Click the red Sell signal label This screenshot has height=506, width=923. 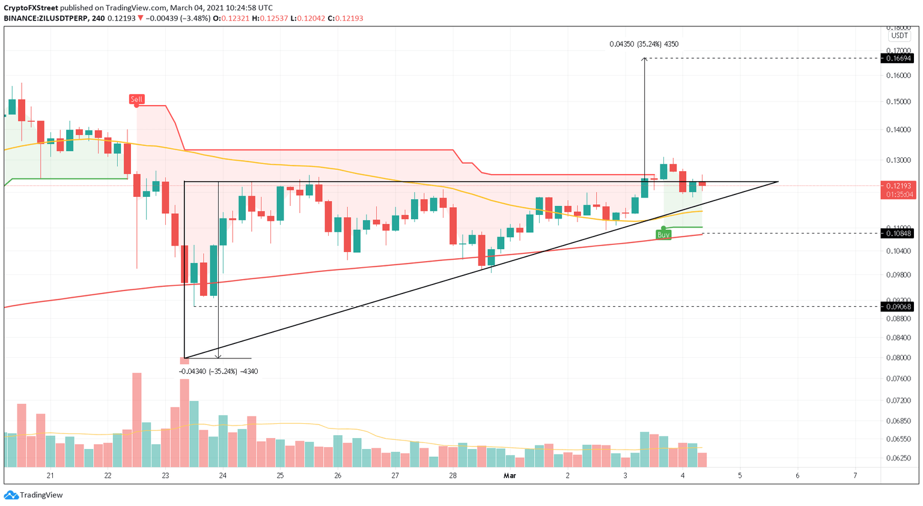[136, 99]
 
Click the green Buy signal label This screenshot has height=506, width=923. [663, 235]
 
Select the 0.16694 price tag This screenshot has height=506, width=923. [897, 58]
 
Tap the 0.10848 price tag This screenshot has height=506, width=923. [897, 233]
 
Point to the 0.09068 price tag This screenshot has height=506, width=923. [897, 307]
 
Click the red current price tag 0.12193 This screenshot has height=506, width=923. [897, 186]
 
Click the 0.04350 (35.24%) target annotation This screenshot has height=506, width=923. [644, 44]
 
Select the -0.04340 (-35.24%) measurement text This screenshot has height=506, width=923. [218, 372]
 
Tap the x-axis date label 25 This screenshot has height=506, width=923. [280, 475]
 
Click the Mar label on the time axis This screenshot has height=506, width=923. [510, 475]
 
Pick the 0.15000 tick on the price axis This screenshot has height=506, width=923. [898, 101]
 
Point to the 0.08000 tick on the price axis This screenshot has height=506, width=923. [898, 358]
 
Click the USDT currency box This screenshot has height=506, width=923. [899, 36]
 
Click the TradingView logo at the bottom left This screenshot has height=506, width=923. [34, 495]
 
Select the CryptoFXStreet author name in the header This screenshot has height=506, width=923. [31, 8]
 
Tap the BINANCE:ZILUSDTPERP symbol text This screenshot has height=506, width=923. [45, 19]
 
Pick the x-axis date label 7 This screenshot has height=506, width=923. [854, 475]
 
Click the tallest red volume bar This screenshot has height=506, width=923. [137, 420]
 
